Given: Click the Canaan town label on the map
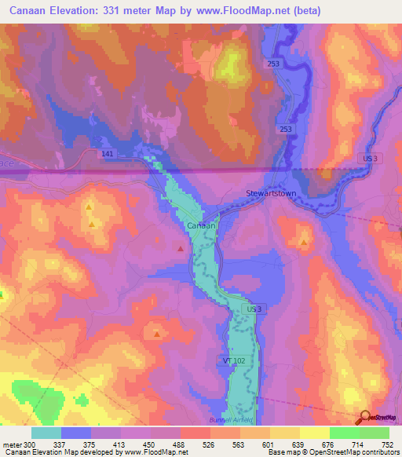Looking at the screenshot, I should click(196, 225).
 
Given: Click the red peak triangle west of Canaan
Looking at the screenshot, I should click(181, 249).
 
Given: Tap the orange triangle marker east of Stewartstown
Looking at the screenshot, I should click(304, 243).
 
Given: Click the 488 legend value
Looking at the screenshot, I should click(180, 444).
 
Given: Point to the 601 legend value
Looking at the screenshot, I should click(269, 444).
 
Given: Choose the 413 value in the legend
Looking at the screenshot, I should click(120, 444).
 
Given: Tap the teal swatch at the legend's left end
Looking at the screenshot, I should click(46, 433).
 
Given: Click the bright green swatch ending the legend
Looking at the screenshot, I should click(374, 433).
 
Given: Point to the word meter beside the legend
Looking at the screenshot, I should click(11, 444).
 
